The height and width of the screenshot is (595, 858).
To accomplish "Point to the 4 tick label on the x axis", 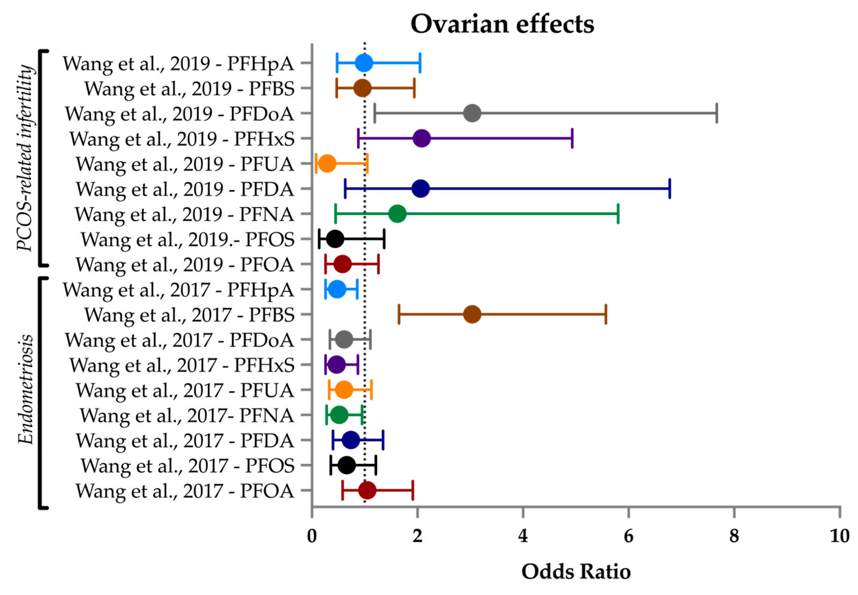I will point(523,536).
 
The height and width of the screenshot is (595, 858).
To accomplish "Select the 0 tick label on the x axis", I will point(312,536).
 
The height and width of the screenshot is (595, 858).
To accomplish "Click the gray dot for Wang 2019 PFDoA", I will point(472,113).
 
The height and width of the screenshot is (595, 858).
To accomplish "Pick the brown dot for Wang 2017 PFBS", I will point(472,314).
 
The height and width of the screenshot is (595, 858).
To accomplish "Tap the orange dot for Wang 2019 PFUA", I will point(327,163).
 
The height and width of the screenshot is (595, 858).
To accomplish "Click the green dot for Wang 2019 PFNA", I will point(397,214).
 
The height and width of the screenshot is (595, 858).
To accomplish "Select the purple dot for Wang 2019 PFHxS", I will point(422,138).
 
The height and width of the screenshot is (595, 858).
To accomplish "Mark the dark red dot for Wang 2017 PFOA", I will point(367,490).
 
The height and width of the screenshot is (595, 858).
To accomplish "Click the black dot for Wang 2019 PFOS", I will point(335,239).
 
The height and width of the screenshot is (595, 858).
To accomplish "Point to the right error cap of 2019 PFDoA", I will point(717,113).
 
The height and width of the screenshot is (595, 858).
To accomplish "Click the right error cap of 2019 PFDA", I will point(670,188).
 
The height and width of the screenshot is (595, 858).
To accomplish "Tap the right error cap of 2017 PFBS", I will point(606,314).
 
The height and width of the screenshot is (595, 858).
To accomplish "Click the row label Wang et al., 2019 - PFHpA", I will point(178,63).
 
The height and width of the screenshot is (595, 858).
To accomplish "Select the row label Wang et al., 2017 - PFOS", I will point(188,465).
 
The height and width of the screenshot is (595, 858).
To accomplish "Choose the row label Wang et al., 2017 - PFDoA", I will point(179,340).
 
